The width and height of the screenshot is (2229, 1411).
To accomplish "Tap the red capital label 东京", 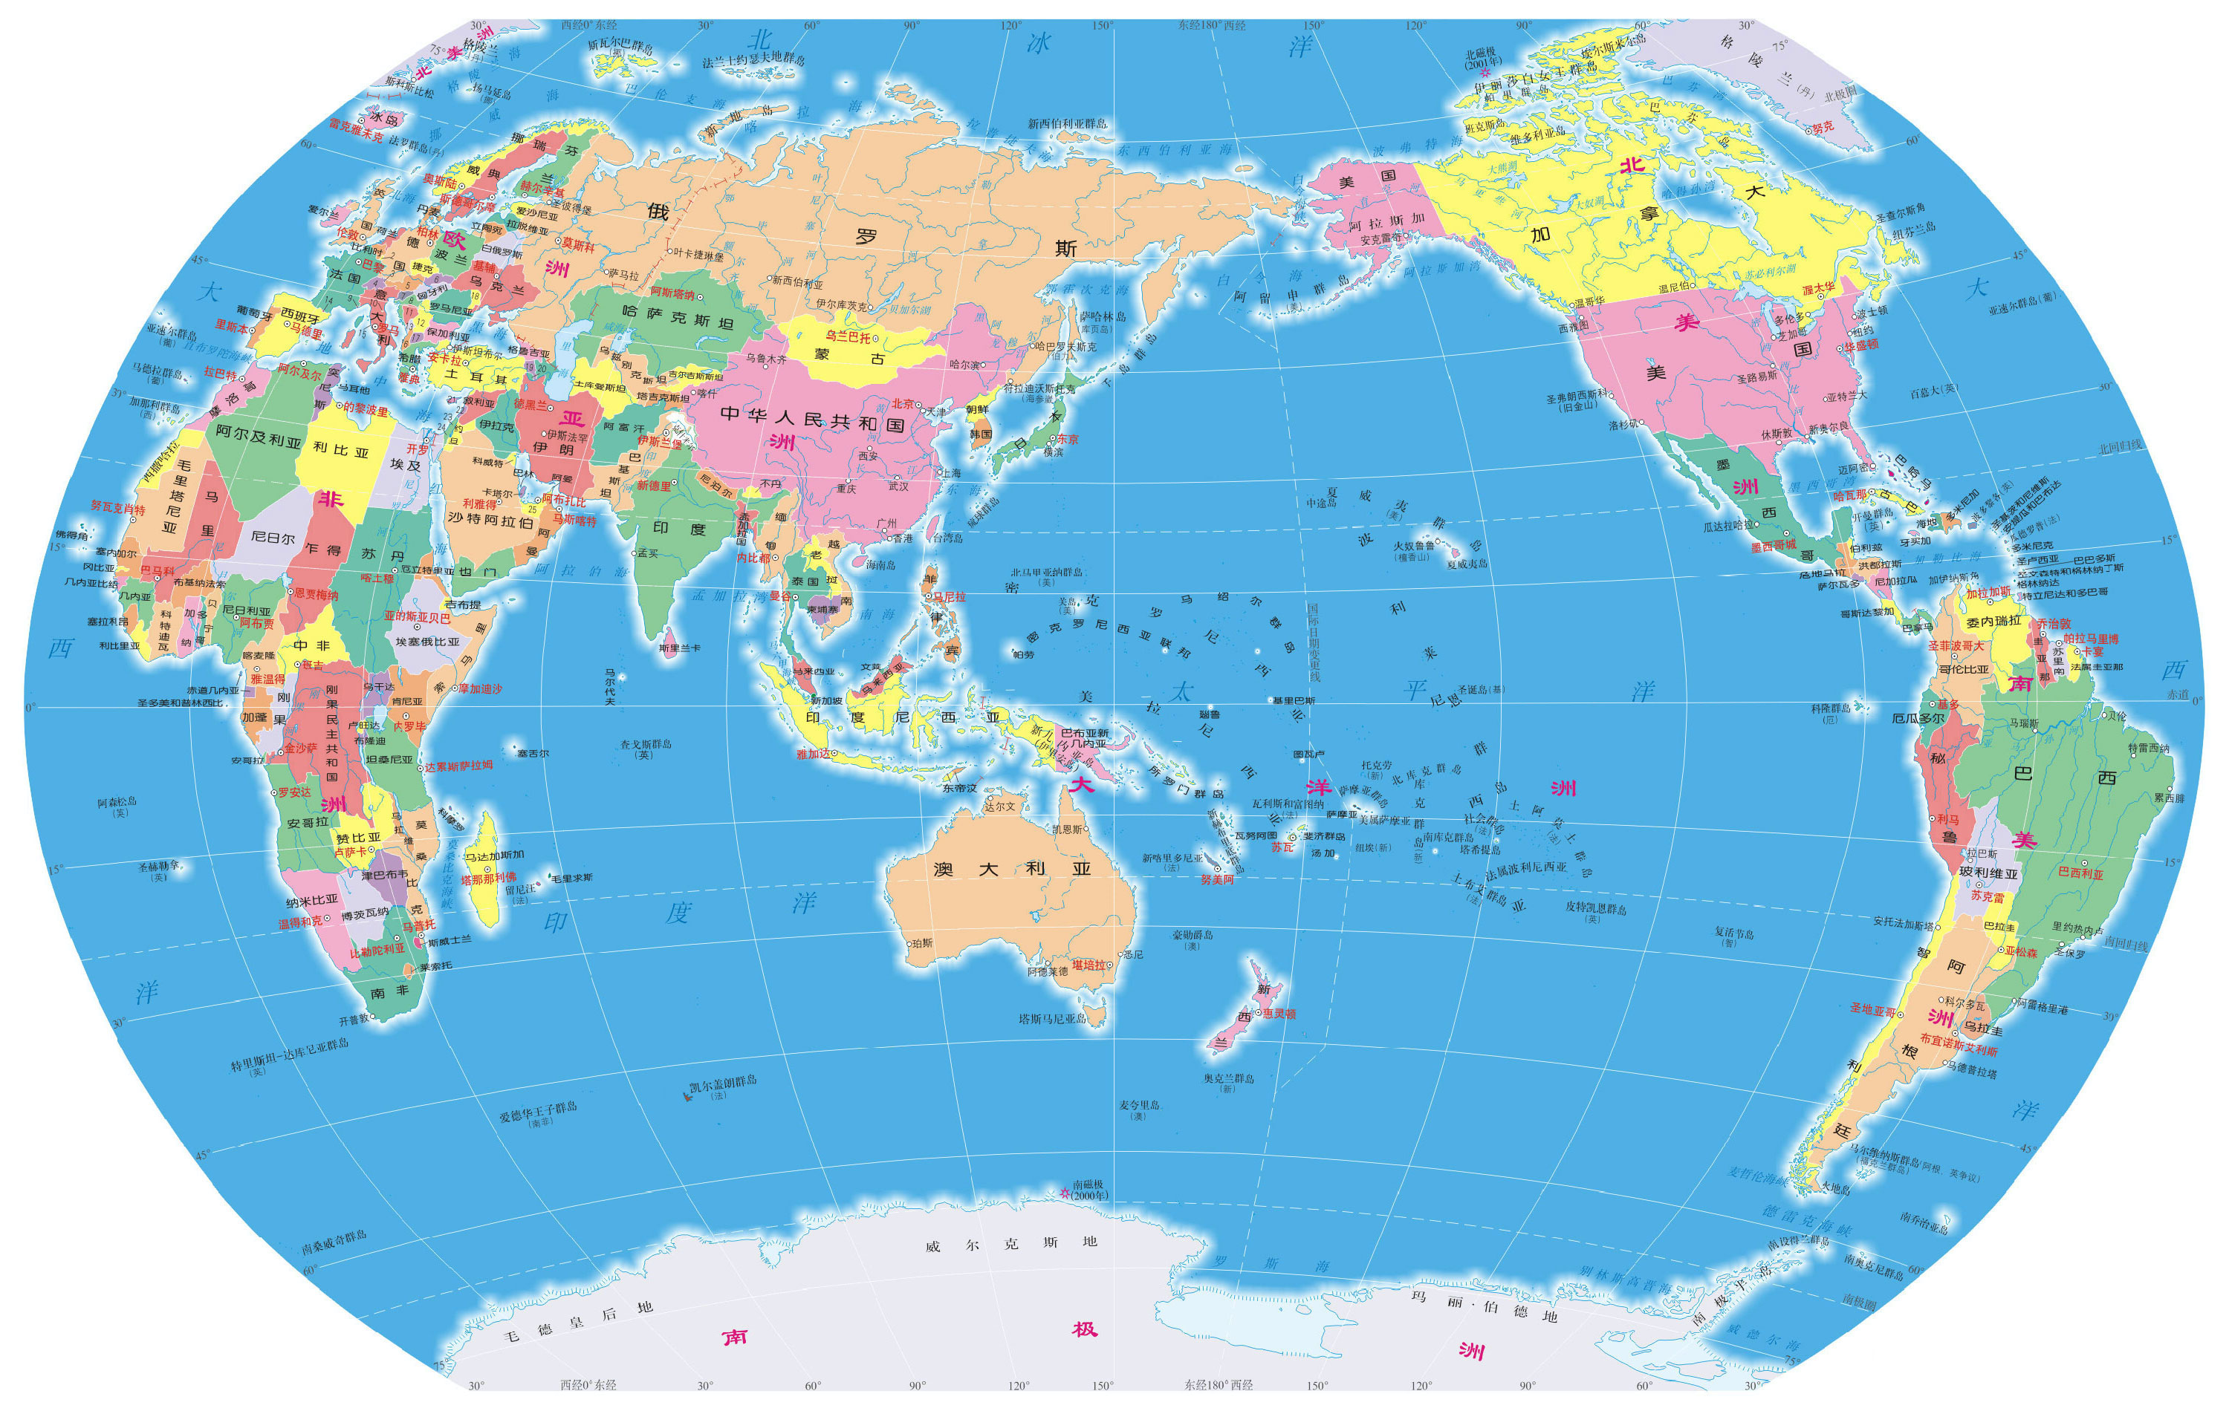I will tap(1067, 440).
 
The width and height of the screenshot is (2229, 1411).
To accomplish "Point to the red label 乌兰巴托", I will tap(848, 337).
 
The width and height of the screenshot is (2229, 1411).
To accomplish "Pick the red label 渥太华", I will tap(1818, 289).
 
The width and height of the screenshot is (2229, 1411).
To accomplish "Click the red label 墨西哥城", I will tap(1773, 545).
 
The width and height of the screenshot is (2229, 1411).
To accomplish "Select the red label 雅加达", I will tap(814, 754).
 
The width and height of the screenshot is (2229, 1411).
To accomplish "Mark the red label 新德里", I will tap(654, 485).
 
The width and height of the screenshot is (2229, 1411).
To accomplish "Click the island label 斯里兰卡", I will tap(679, 648).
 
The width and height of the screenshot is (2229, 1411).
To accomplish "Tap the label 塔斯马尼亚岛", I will tap(1053, 1019).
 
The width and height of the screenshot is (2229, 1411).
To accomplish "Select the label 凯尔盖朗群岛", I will tap(723, 1081).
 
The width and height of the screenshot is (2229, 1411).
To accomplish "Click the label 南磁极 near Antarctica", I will tap(1088, 1184).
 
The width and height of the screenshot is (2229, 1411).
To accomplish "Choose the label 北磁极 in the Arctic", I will tap(1481, 55).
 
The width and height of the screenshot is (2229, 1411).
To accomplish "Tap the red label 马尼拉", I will tap(949, 597).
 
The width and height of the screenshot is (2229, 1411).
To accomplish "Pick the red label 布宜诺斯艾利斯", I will tap(1958, 1045).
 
